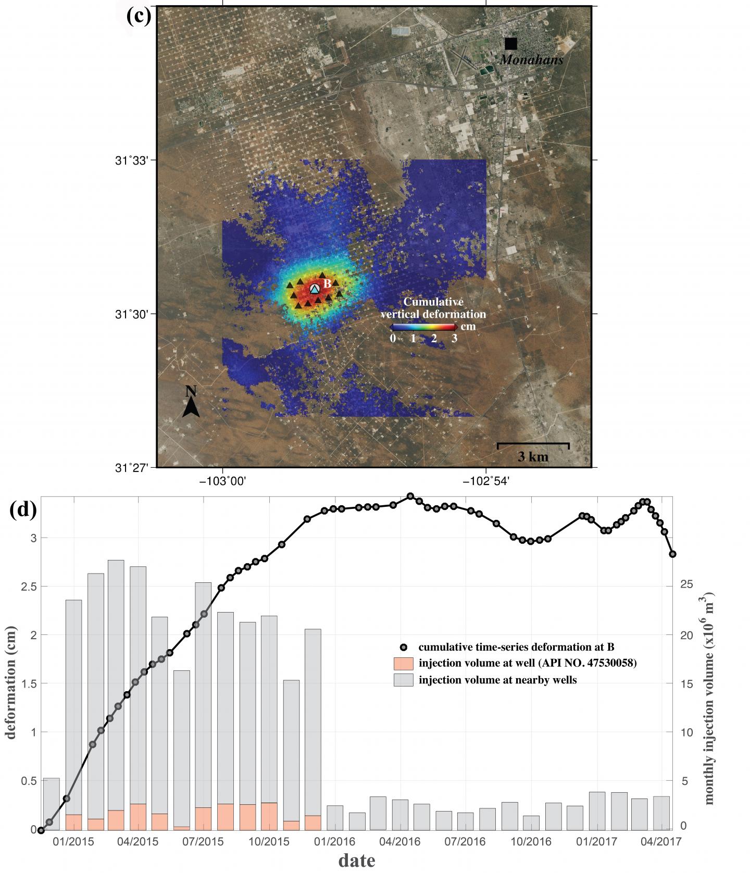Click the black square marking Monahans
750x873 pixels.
pos(510,44)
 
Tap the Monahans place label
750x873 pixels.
pos(531,60)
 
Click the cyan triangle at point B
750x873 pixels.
pos(314,289)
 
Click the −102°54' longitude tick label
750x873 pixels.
pos(485,482)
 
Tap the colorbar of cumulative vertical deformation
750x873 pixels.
pos(423,327)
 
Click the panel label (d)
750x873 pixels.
pos(23,510)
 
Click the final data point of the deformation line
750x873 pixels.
pos(672,554)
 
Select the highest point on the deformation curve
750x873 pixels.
pos(410,496)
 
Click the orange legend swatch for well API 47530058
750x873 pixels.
pos(403,663)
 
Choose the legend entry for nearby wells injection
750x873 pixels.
pos(497,680)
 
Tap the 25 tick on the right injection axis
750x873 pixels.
pos(686,584)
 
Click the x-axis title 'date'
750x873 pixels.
pos(356,860)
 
